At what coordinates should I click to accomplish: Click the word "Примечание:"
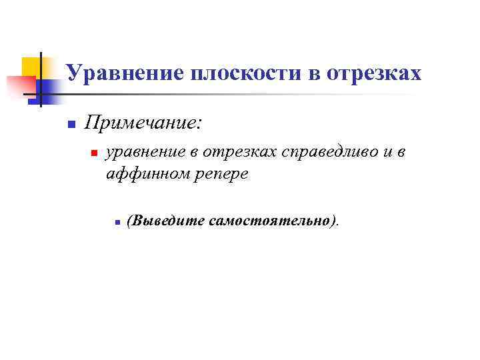(143, 123)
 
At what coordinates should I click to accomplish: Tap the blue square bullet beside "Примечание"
(69, 125)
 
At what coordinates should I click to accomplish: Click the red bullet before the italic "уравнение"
(94, 154)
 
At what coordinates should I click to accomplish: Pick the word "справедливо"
(326, 153)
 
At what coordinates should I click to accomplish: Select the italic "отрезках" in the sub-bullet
(240, 153)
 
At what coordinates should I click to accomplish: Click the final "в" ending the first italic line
(400, 153)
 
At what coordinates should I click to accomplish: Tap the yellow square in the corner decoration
(31, 67)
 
